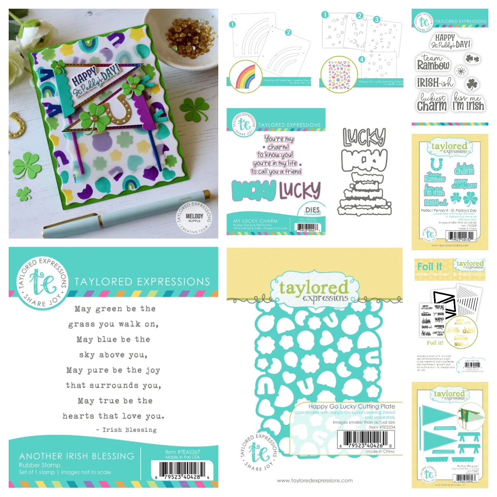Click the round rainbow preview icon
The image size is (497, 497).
click(x=245, y=76)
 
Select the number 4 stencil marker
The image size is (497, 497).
click(x=362, y=59)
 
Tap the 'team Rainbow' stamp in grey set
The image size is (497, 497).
click(x=433, y=63)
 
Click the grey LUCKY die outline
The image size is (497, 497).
click(x=364, y=138)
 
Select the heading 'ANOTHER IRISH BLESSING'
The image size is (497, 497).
click(x=77, y=456)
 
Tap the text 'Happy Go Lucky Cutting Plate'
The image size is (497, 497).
click(x=351, y=406)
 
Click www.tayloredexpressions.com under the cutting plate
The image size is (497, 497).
click(x=315, y=480)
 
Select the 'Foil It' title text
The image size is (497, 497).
click(x=429, y=266)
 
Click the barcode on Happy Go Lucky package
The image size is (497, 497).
click(x=365, y=439)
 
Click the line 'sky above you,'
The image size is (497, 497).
click(x=113, y=355)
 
